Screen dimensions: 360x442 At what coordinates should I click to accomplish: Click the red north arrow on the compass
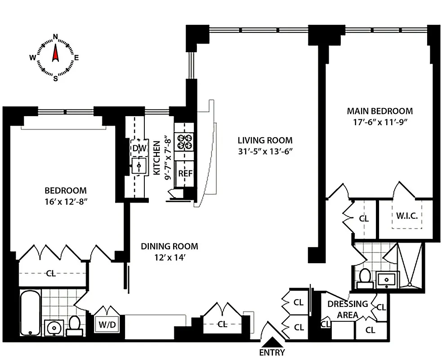[55, 53]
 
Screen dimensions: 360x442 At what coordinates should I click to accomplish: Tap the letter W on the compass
[33, 57]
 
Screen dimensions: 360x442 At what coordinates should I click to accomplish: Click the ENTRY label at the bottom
[272, 352]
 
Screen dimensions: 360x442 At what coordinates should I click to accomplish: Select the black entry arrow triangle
[272, 342]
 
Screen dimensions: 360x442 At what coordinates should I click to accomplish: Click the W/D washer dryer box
[107, 324]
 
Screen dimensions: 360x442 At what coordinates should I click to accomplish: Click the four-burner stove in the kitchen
[185, 142]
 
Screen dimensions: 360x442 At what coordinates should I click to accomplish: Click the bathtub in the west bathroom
[30, 313]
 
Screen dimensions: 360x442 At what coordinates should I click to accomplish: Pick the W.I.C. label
[406, 216]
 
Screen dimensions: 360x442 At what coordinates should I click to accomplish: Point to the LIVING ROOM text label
[265, 140]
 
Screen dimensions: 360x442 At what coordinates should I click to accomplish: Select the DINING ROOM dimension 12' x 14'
[170, 258]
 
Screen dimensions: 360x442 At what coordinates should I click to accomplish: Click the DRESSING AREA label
[347, 309]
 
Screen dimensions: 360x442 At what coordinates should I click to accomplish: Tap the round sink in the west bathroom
[54, 326]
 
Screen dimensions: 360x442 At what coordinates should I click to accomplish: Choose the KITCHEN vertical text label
[157, 157]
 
